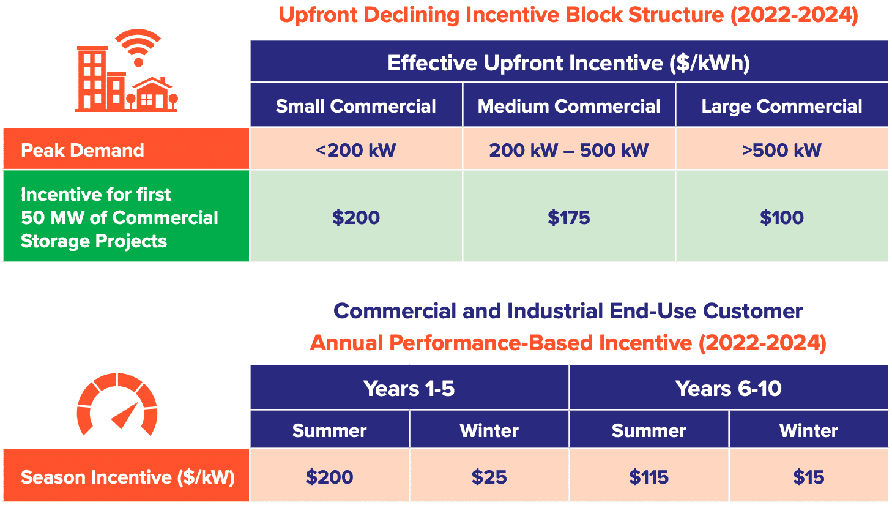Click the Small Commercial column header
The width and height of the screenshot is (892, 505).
tap(355, 106)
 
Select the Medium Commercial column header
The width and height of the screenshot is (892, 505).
tap(568, 106)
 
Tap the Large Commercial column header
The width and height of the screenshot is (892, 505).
tap(781, 106)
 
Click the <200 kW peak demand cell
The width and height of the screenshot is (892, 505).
tap(355, 150)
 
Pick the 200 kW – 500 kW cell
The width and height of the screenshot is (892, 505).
tap(568, 150)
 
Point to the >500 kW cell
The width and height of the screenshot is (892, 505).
tap(781, 150)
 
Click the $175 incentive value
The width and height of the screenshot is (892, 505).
tap(568, 217)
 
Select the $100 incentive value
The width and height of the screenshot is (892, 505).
tap(781, 217)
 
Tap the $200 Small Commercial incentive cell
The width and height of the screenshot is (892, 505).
tap(355, 217)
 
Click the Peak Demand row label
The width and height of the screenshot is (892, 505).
tap(83, 150)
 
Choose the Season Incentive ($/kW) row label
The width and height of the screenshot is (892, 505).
tap(127, 477)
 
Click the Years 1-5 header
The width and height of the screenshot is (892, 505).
tap(409, 388)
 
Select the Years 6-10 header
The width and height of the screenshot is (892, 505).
tap(728, 388)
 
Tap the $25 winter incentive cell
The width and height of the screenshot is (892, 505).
tap(489, 477)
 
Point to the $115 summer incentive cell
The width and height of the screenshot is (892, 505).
tap(649, 477)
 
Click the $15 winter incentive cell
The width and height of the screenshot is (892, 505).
tap(808, 477)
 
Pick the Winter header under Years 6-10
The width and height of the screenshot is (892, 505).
tap(808, 430)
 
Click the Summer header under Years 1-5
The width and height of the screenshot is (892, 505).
tap(329, 430)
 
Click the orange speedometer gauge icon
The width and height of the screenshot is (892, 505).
tap(117, 405)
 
